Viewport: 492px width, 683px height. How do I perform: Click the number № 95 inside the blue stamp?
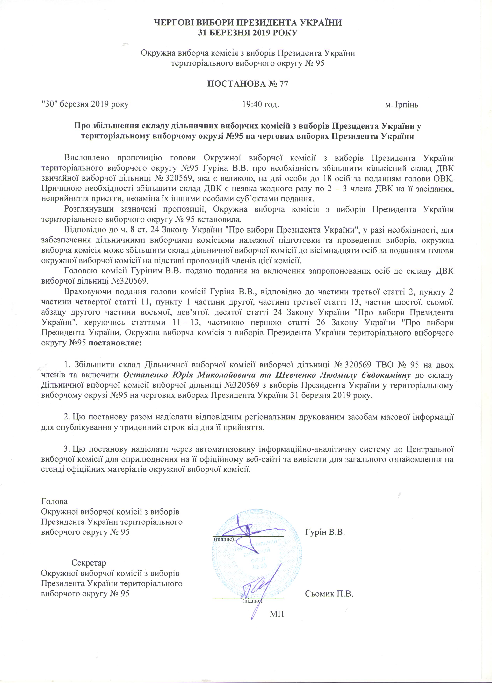pyautogui.click(x=259, y=566)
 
